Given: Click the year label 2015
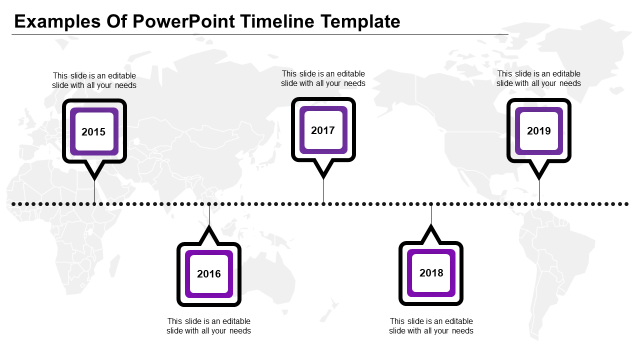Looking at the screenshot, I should click(93, 132).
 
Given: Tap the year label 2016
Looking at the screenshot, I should click(209, 274).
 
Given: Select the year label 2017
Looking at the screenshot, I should click(323, 130).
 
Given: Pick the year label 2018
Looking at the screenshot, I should click(431, 273).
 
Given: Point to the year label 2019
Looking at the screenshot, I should click(538, 131).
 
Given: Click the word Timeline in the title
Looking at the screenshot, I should click(277, 22).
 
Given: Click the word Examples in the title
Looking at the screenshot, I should click(56, 22).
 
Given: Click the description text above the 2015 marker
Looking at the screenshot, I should click(94, 80).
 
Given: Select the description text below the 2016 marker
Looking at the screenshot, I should click(209, 326).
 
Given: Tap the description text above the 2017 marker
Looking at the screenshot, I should click(323, 78).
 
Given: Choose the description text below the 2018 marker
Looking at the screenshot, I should click(431, 326).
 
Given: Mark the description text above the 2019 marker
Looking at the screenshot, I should click(538, 78).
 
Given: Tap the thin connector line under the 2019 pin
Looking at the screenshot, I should click(539, 191).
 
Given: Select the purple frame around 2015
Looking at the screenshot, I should click(72, 132).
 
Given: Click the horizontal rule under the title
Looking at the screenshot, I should click(260, 34).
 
